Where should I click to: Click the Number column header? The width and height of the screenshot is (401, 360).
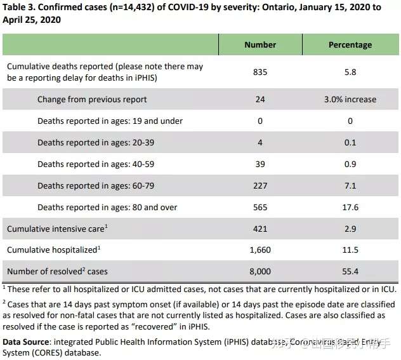[x=260, y=44]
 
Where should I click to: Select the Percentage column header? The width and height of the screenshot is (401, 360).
[x=350, y=44]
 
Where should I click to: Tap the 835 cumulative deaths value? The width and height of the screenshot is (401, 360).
[x=260, y=72]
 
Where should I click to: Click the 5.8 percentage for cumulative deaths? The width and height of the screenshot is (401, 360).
[x=350, y=72]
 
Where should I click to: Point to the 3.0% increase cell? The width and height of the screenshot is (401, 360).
[x=350, y=100]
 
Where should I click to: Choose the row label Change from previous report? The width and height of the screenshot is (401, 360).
[x=92, y=100]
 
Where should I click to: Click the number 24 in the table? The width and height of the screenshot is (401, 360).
[x=260, y=100]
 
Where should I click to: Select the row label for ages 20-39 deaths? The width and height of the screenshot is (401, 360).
[x=96, y=142]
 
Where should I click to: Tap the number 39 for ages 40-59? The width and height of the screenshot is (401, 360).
[x=260, y=164]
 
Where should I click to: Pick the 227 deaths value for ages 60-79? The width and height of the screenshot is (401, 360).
[x=260, y=185]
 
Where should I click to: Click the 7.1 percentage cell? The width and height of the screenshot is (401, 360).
[x=350, y=185]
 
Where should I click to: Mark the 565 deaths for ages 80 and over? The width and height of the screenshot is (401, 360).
[x=260, y=207]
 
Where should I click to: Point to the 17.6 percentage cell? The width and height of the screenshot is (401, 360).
[x=350, y=207]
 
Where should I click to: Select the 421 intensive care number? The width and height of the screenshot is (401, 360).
[x=260, y=229]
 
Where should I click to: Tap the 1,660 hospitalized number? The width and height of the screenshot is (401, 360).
[x=260, y=250]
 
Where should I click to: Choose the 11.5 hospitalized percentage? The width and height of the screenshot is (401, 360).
[x=350, y=250]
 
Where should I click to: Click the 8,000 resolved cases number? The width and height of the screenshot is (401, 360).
[x=260, y=272]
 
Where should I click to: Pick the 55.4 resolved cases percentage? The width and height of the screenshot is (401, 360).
[x=350, y=272]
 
